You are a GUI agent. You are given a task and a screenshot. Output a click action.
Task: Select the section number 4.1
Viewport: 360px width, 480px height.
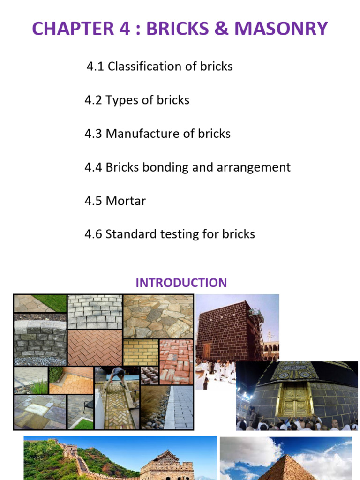95,67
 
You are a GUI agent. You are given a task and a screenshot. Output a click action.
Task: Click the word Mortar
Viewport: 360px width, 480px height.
126,201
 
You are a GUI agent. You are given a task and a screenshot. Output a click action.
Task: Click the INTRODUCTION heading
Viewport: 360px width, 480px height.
181,283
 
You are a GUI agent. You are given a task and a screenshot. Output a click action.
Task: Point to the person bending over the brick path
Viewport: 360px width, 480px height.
117,375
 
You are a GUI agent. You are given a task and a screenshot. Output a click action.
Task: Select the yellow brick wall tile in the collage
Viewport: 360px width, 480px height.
141,352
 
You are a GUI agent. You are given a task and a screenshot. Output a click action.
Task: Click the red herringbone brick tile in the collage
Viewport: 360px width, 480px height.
95,347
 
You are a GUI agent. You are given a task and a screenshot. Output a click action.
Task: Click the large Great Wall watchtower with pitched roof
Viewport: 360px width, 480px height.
167,464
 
